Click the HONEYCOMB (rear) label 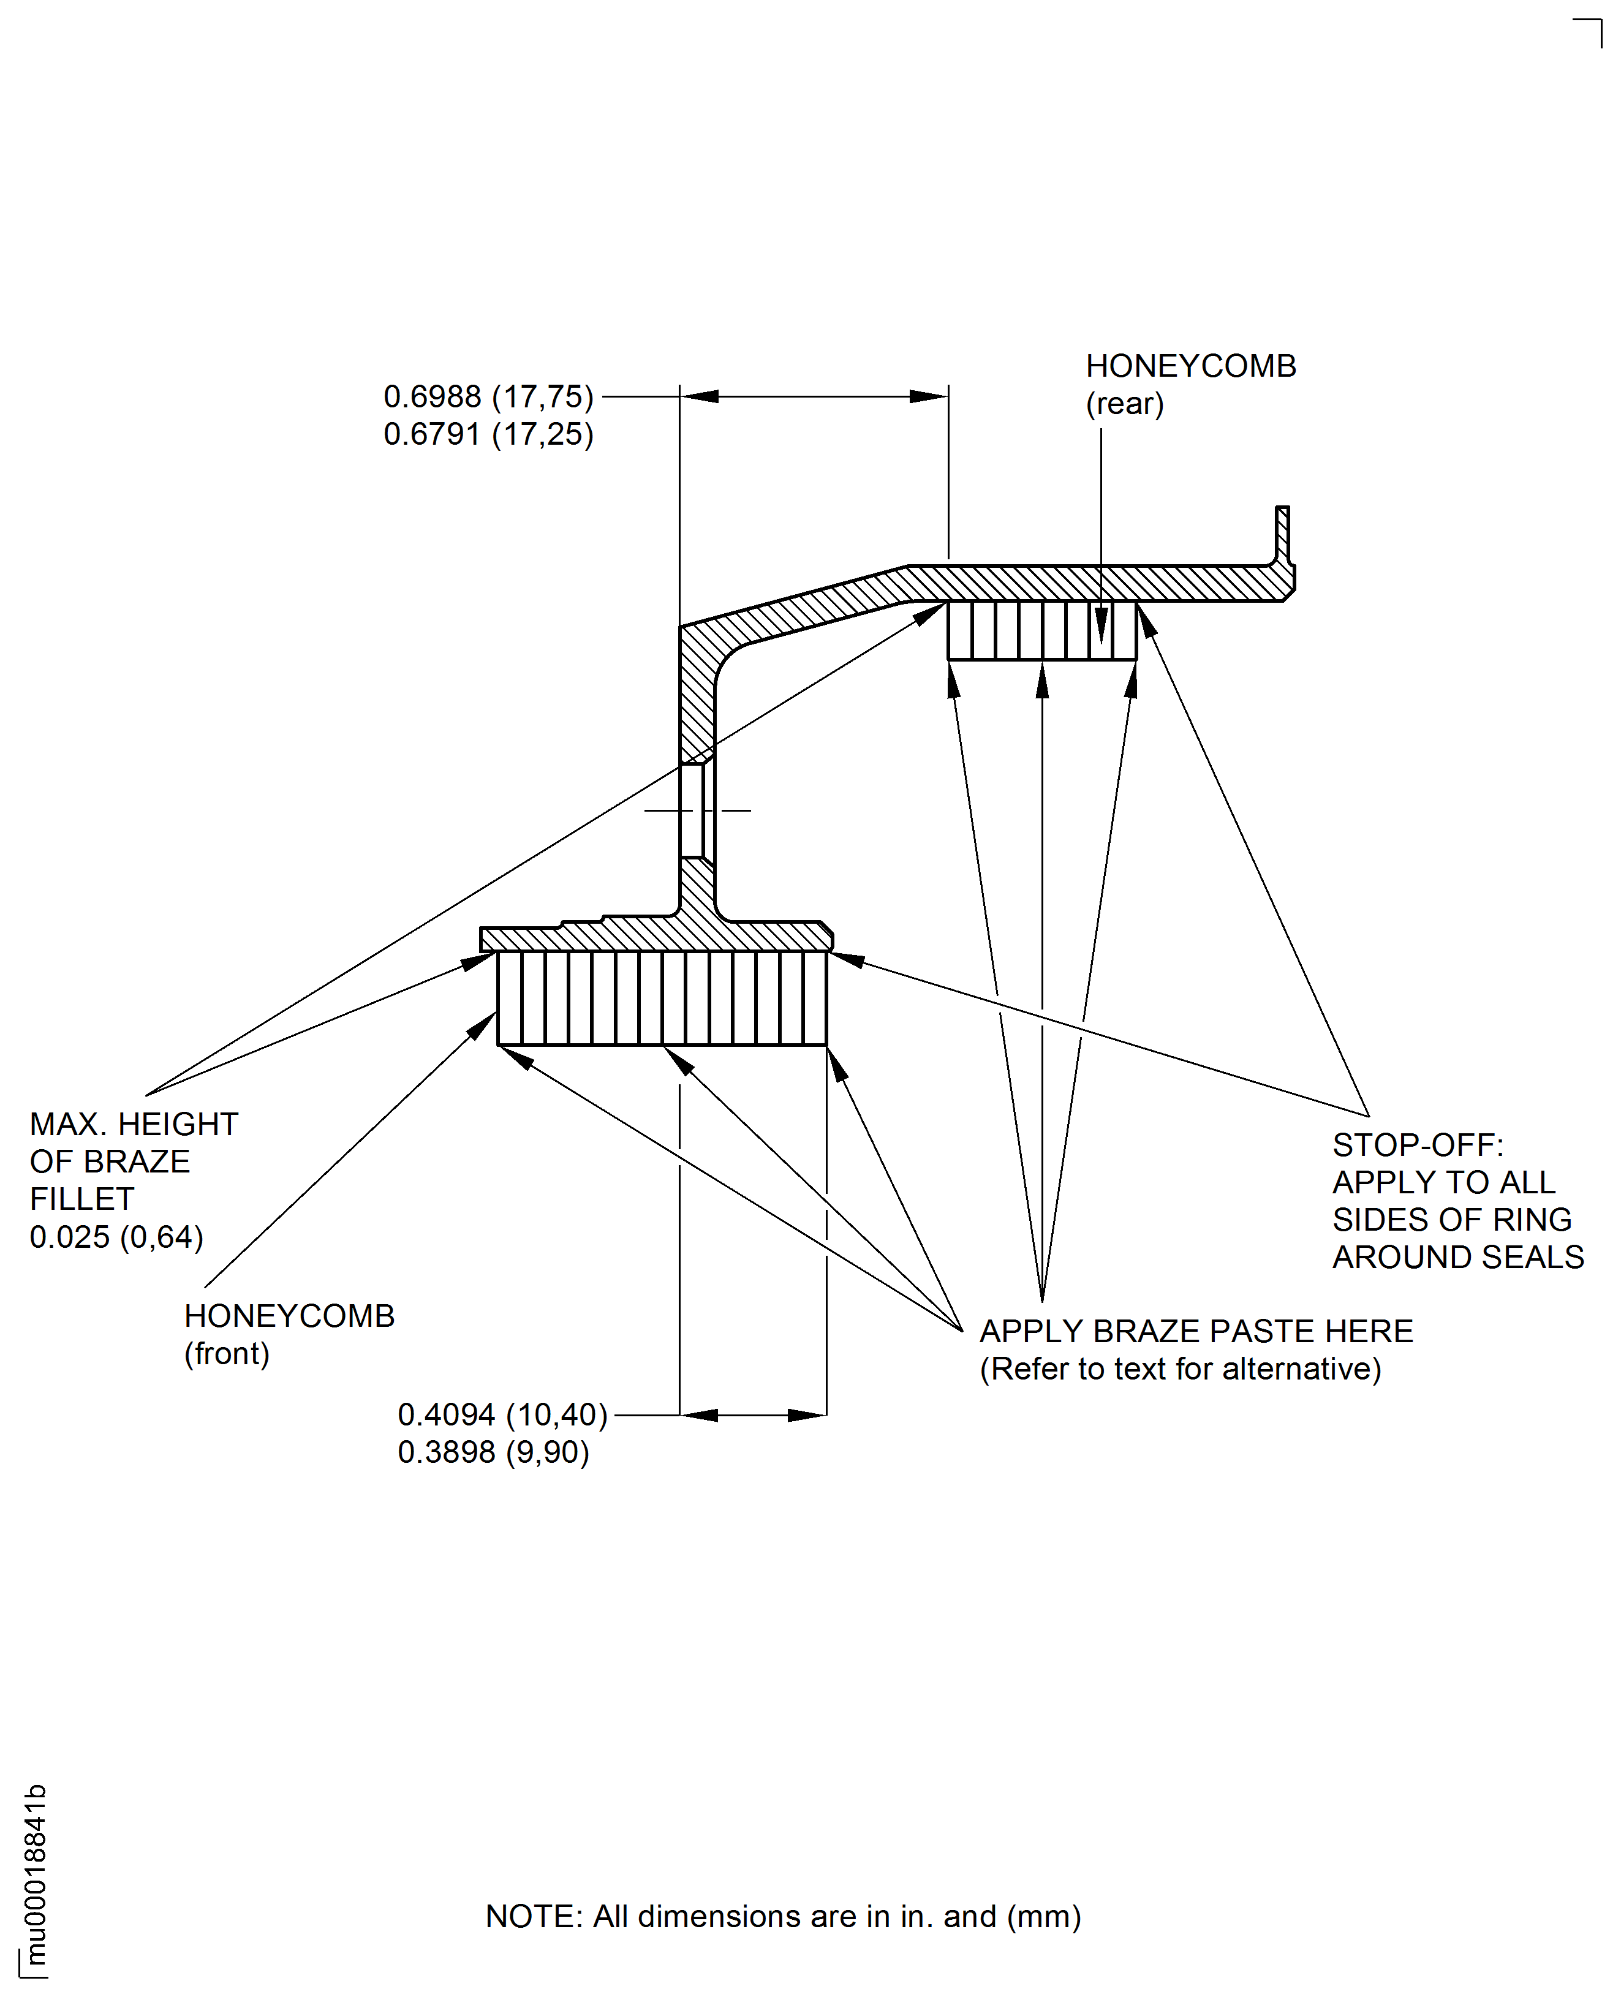point(1190,383)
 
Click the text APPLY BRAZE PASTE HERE point(1195,1331)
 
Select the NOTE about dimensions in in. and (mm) point(782,1916)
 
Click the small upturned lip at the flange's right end point(1282,534)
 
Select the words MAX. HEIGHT point(134,1124)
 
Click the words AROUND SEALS point(1457,1256)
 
